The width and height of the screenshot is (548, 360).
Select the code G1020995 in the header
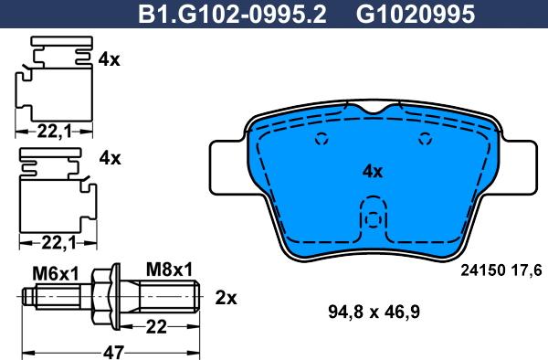point(402,14)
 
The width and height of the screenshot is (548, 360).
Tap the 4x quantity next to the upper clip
point(109,59)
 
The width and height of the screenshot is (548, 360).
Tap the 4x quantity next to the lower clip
point(109,158)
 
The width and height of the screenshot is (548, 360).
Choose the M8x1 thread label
point(170,270)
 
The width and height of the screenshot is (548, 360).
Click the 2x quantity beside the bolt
point(225,298)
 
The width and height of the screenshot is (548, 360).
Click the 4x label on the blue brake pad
point(372,171)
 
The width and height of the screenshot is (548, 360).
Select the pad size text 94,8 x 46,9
point(372,311)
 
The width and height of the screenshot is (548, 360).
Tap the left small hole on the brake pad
point(321,140)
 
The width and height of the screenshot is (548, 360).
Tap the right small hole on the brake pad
point(424,140)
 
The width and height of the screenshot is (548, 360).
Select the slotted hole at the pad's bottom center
point(372,222)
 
